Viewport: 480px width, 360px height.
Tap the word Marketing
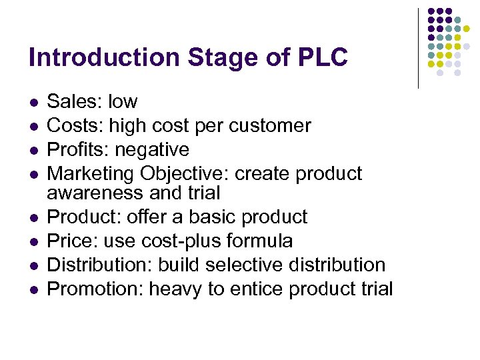91,173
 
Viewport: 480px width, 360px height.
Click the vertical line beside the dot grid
418,48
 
